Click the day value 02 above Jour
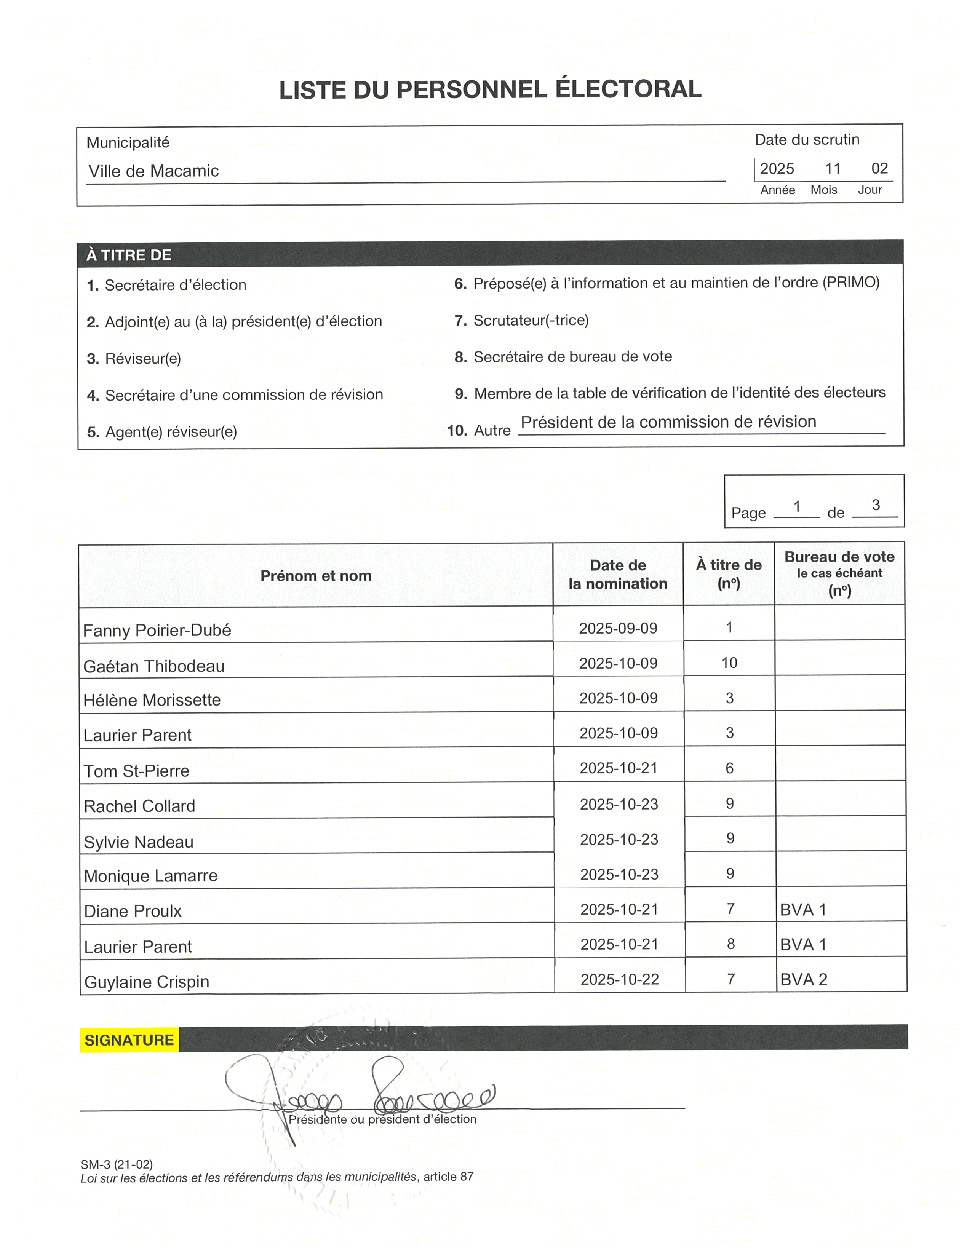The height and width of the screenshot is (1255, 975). point(879,168)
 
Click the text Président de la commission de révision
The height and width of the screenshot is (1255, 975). point(668,422)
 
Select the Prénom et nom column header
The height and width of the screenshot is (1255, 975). point(316,575)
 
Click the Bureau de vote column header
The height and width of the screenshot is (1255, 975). point(839,557)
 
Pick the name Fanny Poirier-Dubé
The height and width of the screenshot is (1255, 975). point(157,631)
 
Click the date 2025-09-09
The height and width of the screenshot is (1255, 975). point(618,628)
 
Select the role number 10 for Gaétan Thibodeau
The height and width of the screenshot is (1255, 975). point(729,663)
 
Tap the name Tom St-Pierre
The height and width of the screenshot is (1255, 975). point(136,771)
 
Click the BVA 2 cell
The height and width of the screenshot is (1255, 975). point(804,980)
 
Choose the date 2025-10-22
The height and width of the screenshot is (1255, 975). point(620,980)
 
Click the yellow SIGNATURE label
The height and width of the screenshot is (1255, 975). point(129,1040)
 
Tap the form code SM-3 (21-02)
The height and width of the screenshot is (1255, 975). point(117,1164)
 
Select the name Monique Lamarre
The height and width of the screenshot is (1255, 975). point(150,876)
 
